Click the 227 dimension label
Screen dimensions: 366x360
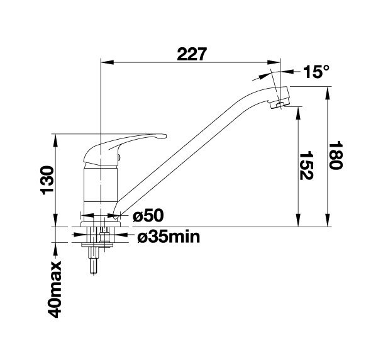(x=192, y=54)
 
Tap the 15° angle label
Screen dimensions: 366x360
(x=316, y=72)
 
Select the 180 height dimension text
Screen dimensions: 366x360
(x=335, y=155)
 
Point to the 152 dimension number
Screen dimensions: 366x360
(x=306, y=166)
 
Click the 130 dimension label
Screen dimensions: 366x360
(x=47, y=180)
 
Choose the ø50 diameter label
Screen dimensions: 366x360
(x=148, y=215)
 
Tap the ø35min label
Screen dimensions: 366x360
(x=169, y=237)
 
